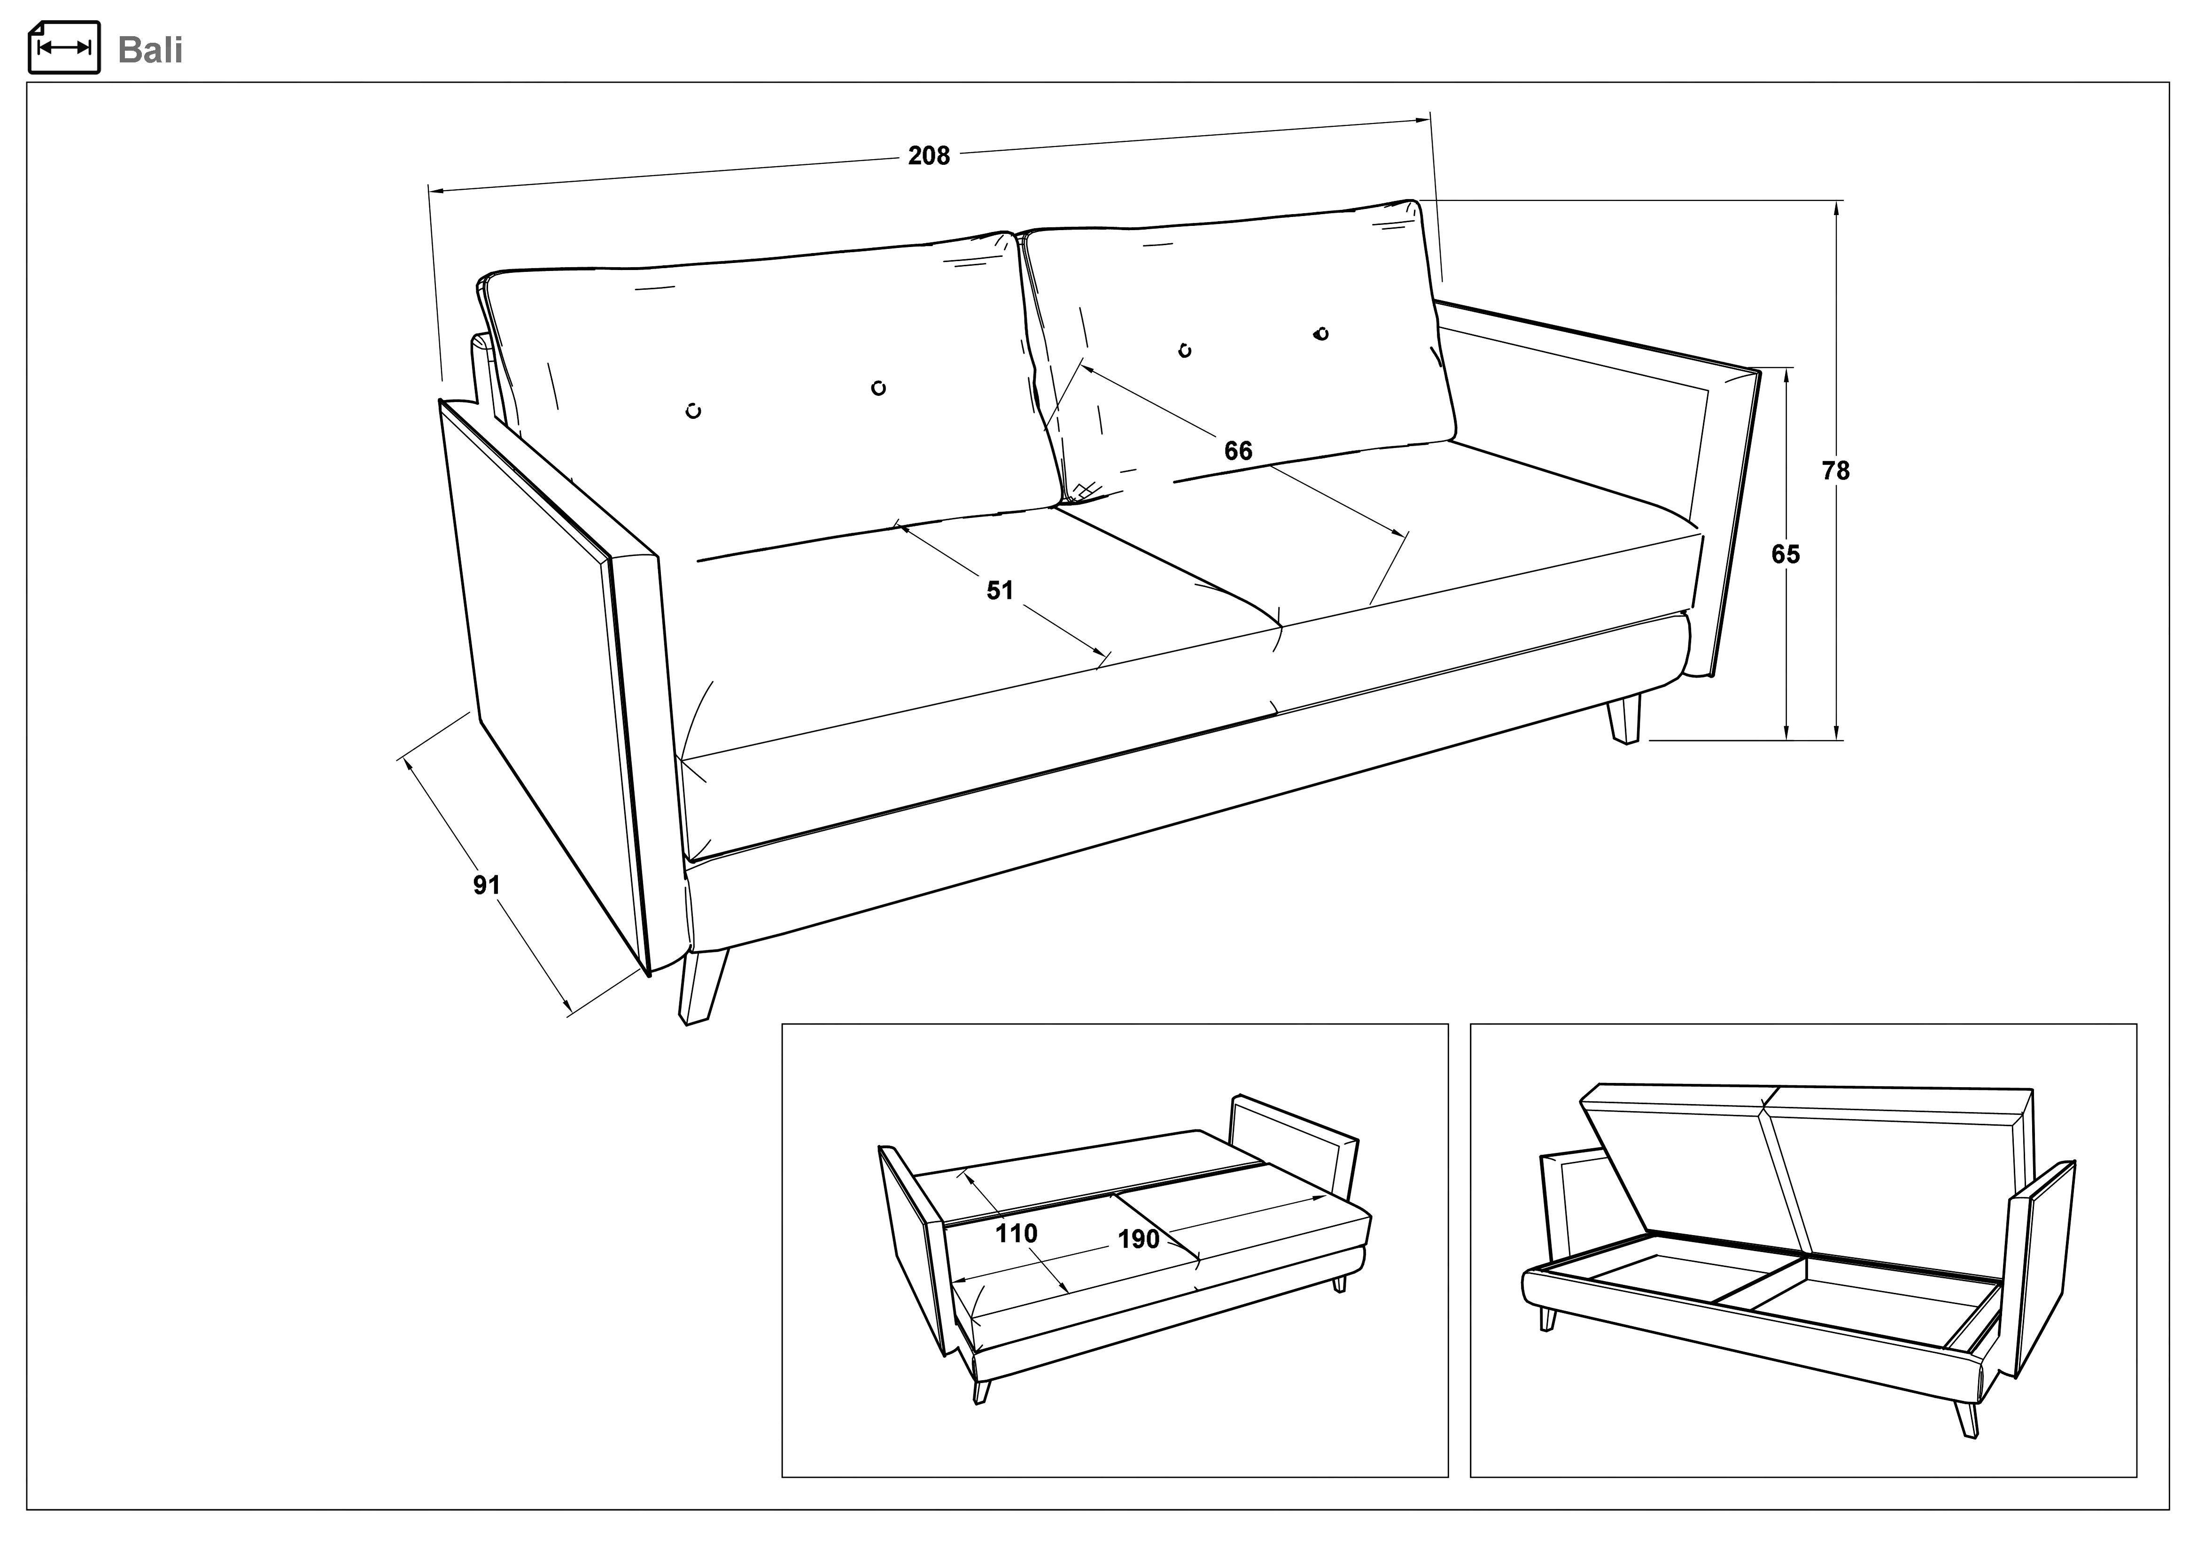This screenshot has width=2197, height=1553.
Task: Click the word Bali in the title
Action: pyautogui.click(x=150, y=50)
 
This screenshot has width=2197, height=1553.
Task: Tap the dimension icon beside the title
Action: pyautogui.click(x=64, y=47)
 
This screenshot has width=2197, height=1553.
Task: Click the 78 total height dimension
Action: pyautogui.click(x=1835, y=471)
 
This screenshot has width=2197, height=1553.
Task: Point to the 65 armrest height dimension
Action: pyautogui.click(x=1786, y=554)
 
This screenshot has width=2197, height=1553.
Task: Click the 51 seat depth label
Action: pyautogui.click(x=1000, y=590)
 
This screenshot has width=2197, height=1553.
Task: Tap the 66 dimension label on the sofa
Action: pyautogui.click(x=1238, y=451)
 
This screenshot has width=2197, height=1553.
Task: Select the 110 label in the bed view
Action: pyautogui.click(x=1016, y=1233)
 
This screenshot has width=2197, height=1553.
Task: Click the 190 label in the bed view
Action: pyautogui.click(x=1139, y=1239)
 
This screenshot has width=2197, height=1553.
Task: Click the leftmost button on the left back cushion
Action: pyautogui.click(x=694, y=411)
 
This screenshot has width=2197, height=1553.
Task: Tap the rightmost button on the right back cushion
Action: pyautogui.click(x=1321, y=333)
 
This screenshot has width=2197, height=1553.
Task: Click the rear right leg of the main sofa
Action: pyautogui.click(x=1624, y=719)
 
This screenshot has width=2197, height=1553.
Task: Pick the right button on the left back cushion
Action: pyautogui.click(x=878, y=387)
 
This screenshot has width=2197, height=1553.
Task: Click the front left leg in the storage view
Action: pyautogui.click(x=1547, y=1319)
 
